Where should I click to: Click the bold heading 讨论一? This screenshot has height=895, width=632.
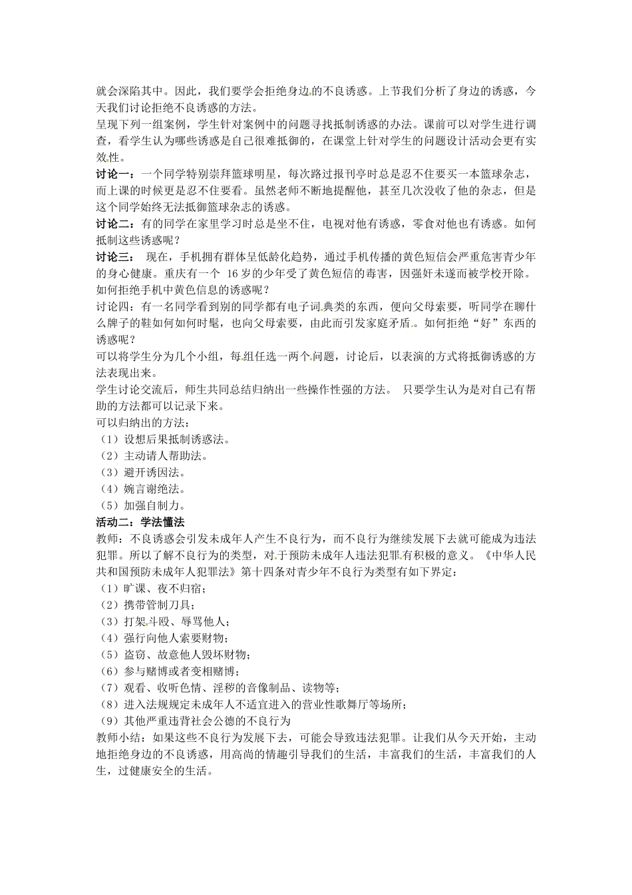click(114, 174)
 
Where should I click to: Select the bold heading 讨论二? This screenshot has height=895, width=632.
click(114, 224)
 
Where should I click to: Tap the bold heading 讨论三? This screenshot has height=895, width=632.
click(114, 257)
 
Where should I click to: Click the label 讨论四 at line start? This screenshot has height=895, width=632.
click(114, 307)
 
